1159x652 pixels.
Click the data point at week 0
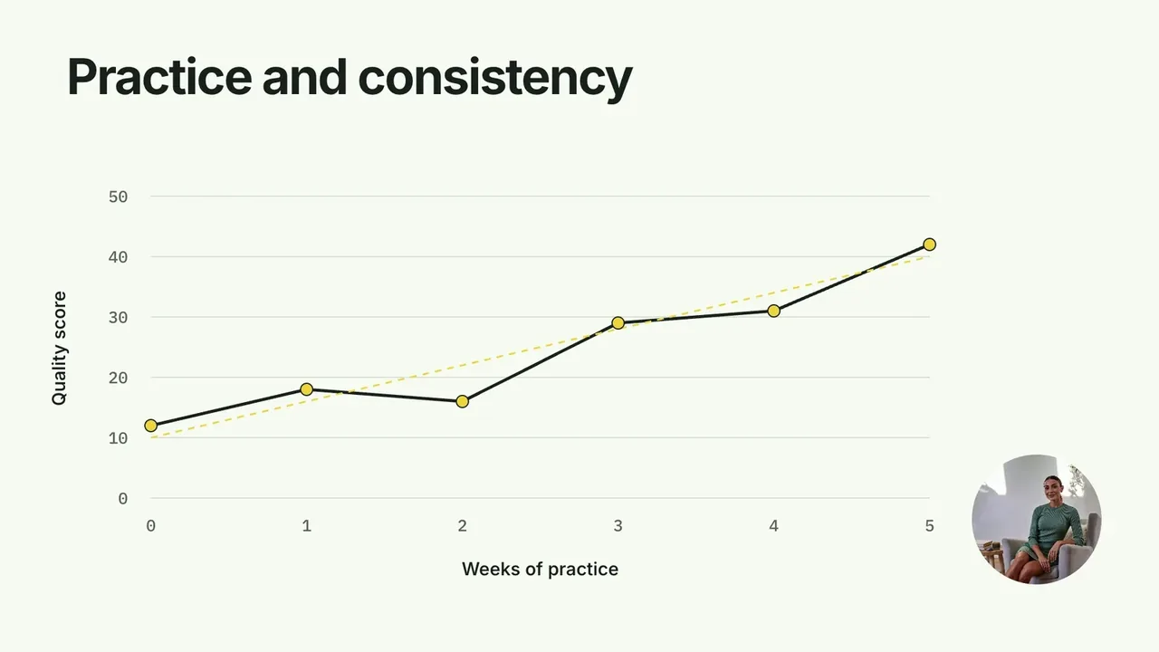150,426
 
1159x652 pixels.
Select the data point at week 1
306,389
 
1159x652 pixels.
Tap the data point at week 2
462,401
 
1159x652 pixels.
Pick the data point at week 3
618,323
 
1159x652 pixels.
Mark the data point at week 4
773,311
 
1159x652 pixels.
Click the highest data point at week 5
929,244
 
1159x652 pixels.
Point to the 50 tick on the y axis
118,197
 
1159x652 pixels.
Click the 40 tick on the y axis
118,257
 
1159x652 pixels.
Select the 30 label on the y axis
118,318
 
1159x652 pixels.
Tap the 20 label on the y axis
118,379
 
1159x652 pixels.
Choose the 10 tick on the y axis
118,439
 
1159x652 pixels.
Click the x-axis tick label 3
618,526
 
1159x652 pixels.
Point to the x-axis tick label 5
929,526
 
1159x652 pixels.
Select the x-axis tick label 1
306,526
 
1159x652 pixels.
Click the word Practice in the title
159,77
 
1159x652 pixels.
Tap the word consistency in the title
495,81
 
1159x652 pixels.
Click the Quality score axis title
59,349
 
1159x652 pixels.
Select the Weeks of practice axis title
540,570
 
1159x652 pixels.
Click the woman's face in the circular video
1052,488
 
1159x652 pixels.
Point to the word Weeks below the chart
491,569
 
